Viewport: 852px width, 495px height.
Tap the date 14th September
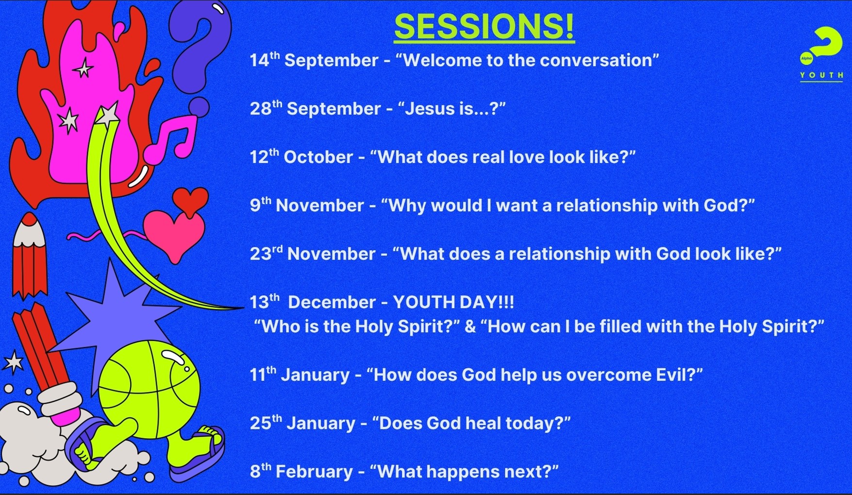[314, 60]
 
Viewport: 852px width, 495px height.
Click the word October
[318, 157]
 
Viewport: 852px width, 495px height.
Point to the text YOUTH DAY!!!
[453, 302]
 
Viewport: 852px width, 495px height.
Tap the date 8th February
[301, 471]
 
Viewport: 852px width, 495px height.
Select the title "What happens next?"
[464, 471]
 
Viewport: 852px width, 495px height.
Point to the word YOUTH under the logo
[821, 75]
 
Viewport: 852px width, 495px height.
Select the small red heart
[190, 201]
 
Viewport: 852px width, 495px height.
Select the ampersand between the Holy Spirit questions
[470, 326]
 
